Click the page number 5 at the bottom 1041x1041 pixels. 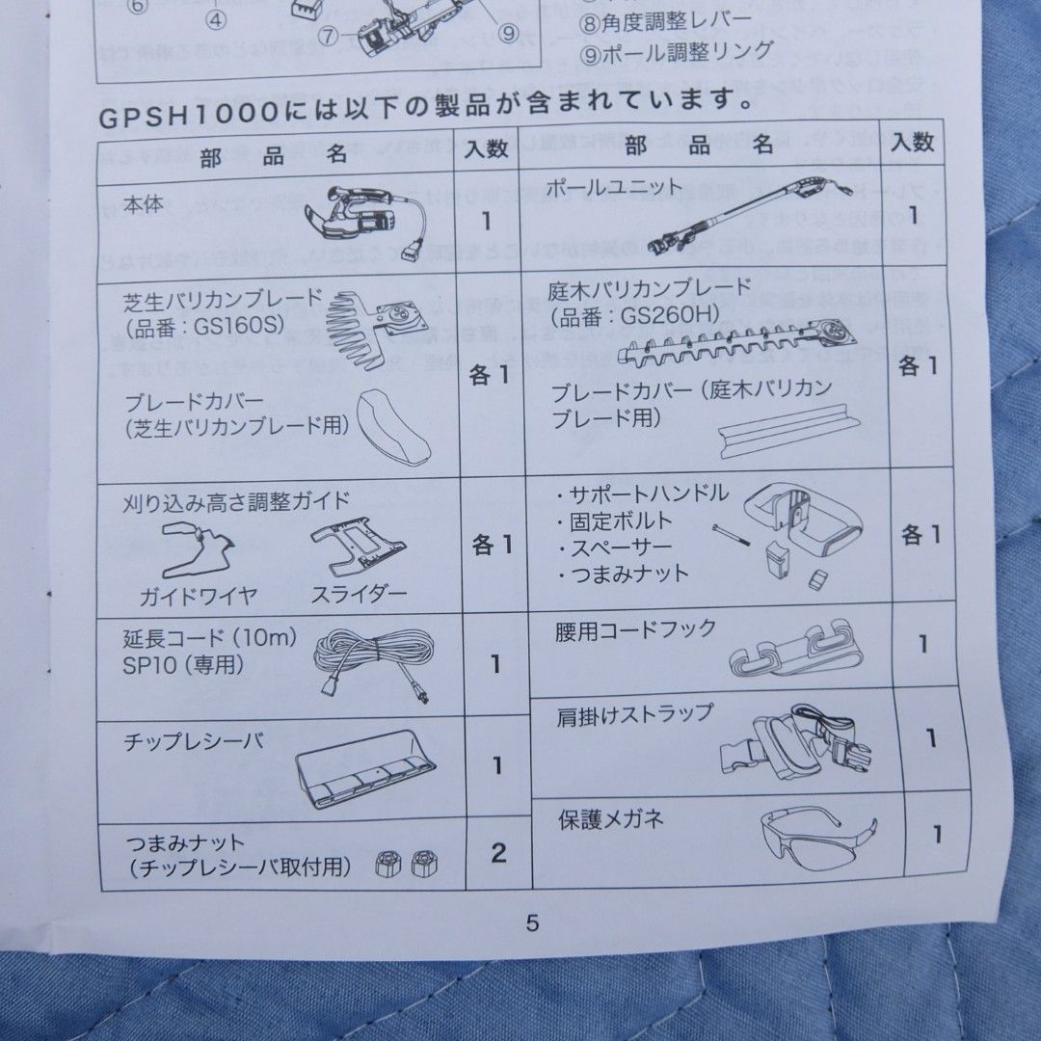[x=532, y=922]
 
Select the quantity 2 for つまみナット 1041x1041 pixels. [x=497, y=852]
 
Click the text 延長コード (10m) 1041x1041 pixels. [x=210, y=638]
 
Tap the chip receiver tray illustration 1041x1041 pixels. [x=364, y=767]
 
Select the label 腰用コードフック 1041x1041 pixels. [x=635, y=630]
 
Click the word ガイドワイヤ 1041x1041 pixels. [x=199, y=596]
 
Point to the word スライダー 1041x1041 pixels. [x=359, y=594]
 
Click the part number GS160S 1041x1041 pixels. [x=237, y=326]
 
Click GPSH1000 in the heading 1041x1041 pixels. [x=185, y=116]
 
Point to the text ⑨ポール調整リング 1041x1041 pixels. [x=676, y=51]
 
